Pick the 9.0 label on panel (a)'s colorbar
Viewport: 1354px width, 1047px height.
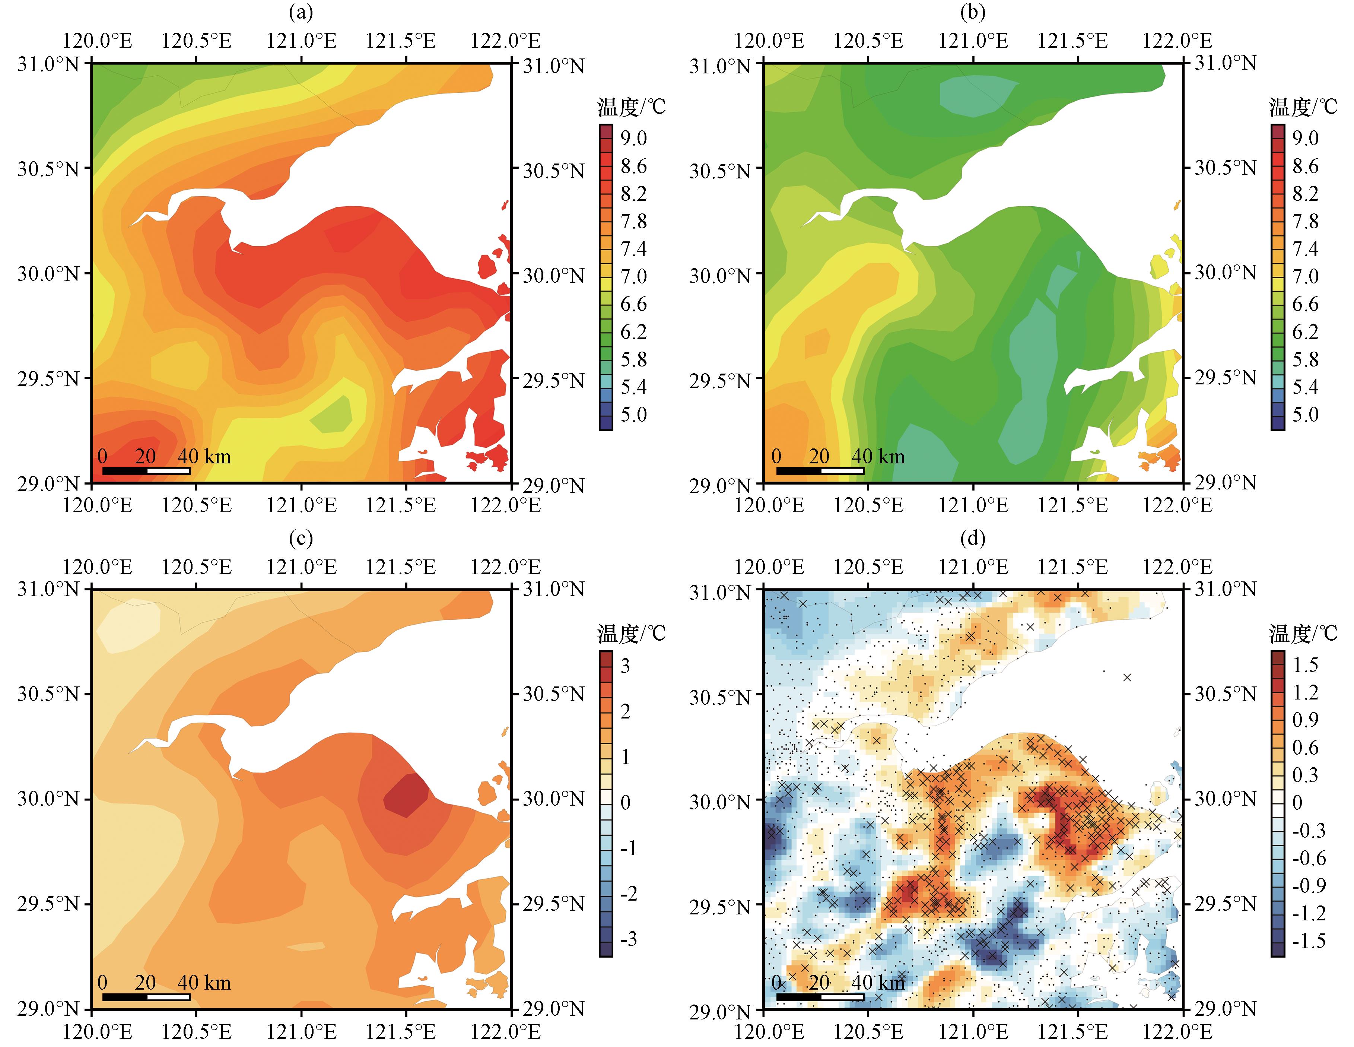[633, 138]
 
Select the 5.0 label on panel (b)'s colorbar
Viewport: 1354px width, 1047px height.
[1305, 414]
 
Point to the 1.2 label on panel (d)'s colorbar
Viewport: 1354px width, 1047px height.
[1305, 692]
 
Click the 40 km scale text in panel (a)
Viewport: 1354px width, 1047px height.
[204, 457]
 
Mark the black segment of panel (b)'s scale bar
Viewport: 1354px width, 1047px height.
[798, 471]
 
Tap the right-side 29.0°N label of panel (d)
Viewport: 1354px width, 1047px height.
[1225, 1009]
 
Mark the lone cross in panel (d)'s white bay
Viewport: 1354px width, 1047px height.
[1127, 677]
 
